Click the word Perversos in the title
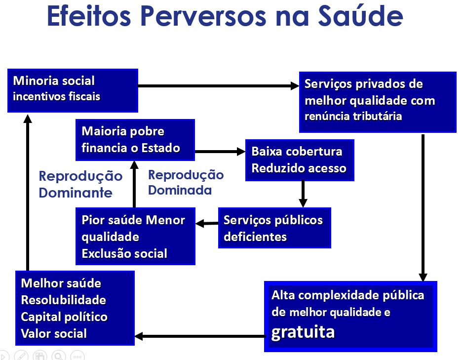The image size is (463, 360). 203,16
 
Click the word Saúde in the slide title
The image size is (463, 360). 360,16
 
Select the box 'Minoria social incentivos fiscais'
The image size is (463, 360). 73,91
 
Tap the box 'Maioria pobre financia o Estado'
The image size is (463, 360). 135,140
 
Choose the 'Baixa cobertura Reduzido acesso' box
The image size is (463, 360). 300,160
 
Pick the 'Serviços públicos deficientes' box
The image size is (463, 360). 274,228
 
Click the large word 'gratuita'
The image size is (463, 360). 303,332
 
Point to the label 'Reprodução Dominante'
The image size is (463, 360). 80,184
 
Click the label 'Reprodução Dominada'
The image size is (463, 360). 186,183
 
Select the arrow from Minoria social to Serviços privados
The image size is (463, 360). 219,86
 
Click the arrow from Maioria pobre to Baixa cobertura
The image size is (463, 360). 220,152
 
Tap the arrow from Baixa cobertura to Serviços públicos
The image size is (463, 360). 303,194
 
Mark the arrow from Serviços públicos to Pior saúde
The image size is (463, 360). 207,223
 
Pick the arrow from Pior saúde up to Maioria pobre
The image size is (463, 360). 134,184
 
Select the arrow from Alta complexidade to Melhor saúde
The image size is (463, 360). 200,336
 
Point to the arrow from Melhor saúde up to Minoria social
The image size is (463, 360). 28,193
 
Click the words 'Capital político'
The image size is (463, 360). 64,317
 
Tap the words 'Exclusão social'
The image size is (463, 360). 124,254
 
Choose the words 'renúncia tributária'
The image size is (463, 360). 353,116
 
